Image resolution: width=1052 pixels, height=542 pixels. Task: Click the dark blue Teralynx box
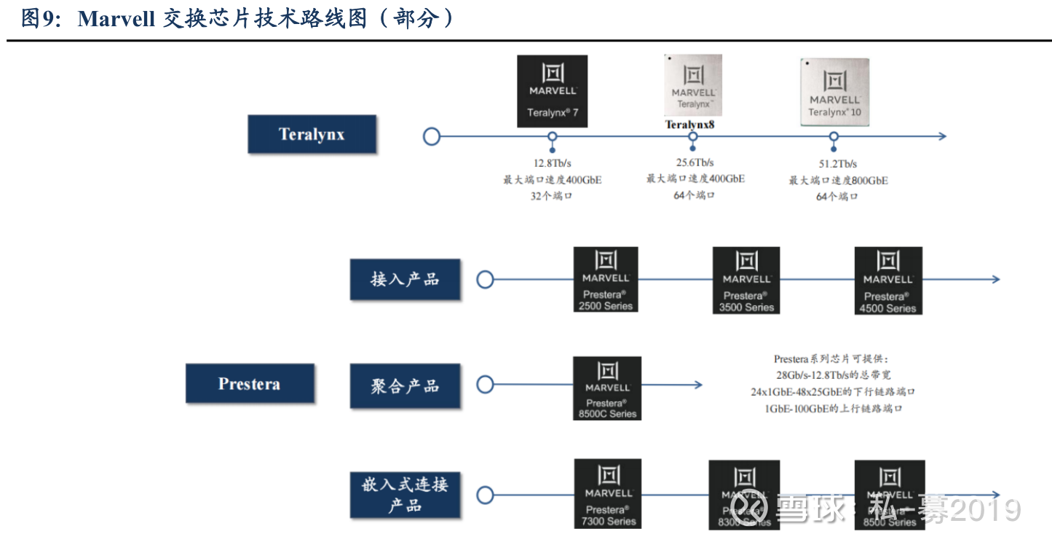[x=312, y=134]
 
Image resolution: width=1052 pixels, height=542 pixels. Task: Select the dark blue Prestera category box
[x=250, y=384]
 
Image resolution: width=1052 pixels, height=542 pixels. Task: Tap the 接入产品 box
[x=405, y=279]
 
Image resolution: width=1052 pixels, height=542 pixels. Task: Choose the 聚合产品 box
[x=405, y=386]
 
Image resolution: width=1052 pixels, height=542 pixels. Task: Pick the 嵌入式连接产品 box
[x=405, y=495]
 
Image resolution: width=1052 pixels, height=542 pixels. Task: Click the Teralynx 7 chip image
[x=552, y=91]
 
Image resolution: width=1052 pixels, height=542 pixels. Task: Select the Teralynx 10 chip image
[x=834, y=93]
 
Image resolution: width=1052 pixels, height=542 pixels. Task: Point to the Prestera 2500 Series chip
[x=606, y=280]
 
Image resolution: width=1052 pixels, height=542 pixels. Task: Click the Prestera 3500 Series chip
[x=746, y=280]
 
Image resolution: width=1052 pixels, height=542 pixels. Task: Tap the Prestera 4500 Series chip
[x=888, y=280]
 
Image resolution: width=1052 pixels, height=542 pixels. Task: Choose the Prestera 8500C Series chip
[x=607, y=388]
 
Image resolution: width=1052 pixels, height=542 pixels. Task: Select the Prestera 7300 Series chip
[x=608, y=494]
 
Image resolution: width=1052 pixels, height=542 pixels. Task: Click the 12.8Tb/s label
[x=552, y=163]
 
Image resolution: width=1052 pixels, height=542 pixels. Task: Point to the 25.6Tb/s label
[x=695, y=162]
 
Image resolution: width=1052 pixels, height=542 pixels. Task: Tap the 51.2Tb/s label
[x=837, y=164]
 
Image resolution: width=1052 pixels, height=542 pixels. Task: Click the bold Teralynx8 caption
[x=689, y=125]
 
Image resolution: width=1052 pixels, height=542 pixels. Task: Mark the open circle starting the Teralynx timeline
[x=432, y=136]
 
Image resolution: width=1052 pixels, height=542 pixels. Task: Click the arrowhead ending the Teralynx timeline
[x=942, y=136]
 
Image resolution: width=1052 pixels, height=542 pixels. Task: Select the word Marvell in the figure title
[x=116, y=19]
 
